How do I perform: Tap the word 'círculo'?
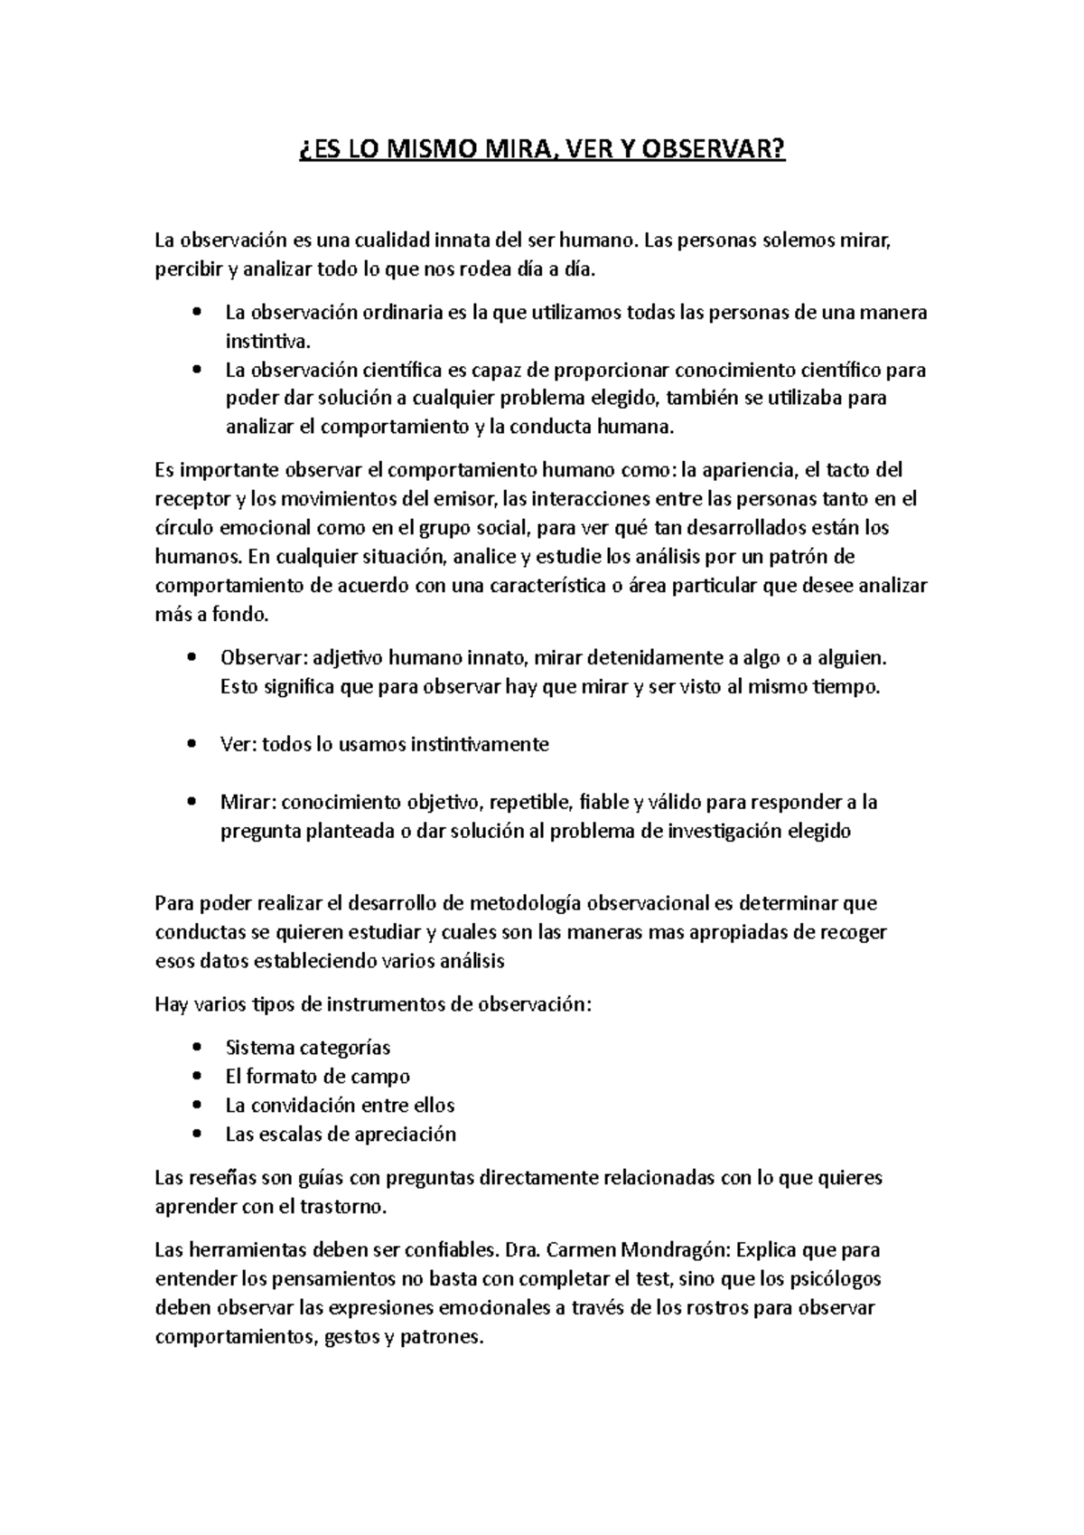(182, 528)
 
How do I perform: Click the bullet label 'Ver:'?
(238, 745)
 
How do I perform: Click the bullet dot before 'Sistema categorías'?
(197, 1048)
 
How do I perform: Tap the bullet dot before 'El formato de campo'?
(197, 1077)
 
